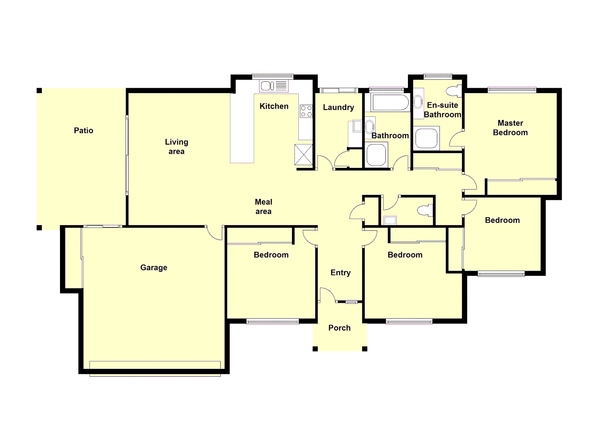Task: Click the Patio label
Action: [x=83, y=130]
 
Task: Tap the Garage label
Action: [x=153, y=267]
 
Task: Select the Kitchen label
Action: [x=274, y=106]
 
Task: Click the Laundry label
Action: [x=338, y=108]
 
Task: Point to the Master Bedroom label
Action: [x=510, y=128]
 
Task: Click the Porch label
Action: [x=339, y=328]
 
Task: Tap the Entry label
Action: [x=340, y=273]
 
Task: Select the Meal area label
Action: [x=263, y=207]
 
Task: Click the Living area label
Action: [x=176, y=147]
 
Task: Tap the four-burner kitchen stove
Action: [x=306, y=111]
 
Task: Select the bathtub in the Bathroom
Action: [x=390, y=103]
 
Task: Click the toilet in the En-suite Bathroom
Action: [x=455, y=91]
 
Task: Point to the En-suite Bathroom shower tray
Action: [x=426, y=138]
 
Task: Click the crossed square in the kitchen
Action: [x=304, y=154]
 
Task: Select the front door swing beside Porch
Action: [x=327, y=295]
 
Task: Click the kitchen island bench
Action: [x=242, y=128]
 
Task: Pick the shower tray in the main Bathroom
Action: [x=377, y=155]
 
